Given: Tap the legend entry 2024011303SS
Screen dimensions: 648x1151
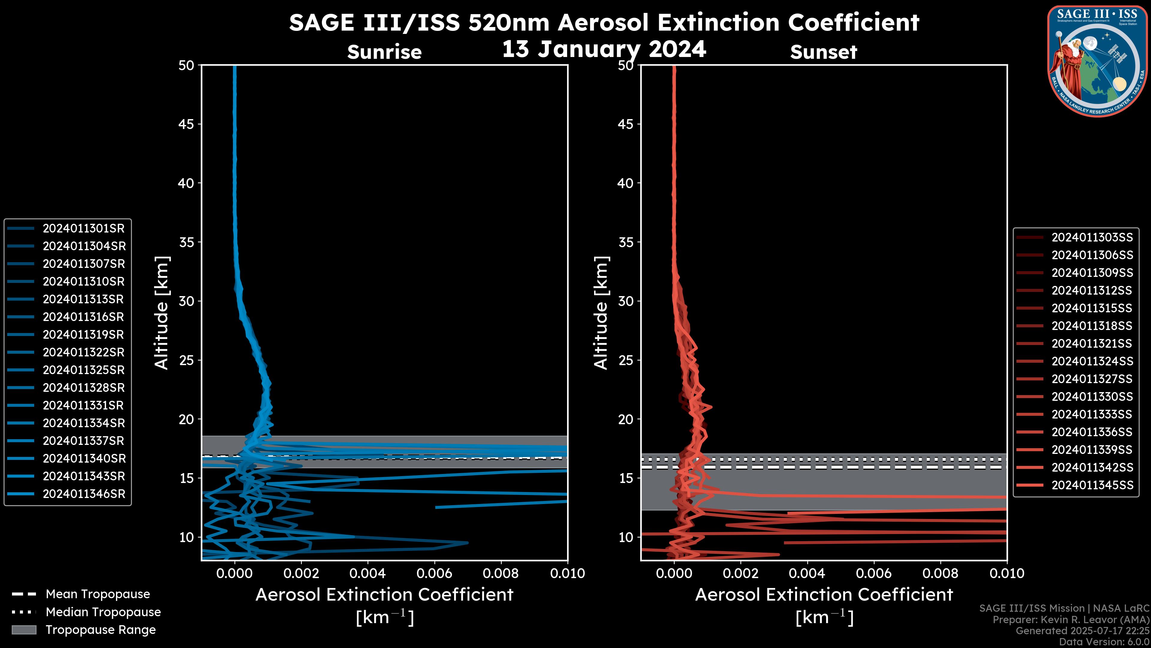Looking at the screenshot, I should tap(1092, 238).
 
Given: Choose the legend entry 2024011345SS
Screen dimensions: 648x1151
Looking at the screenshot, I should tap(1092, 485).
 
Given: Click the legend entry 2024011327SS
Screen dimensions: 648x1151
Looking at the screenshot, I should tap(1092, 379).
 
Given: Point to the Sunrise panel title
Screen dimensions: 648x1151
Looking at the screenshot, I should tap(384, 52).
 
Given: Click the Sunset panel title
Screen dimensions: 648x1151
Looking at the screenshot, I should tap(823, 52).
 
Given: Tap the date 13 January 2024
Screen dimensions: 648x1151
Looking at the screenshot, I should tap(604, 49).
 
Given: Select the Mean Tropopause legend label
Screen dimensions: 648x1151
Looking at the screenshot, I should tap(98, 594).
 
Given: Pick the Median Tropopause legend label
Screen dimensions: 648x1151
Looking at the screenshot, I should tap(103, 612).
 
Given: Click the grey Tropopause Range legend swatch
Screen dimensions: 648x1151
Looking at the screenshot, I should tap(24, 630).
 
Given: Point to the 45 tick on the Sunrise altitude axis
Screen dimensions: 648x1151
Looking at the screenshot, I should tap(187, 124).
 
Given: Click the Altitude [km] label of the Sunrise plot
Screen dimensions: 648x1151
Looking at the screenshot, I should tap(162, 313).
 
